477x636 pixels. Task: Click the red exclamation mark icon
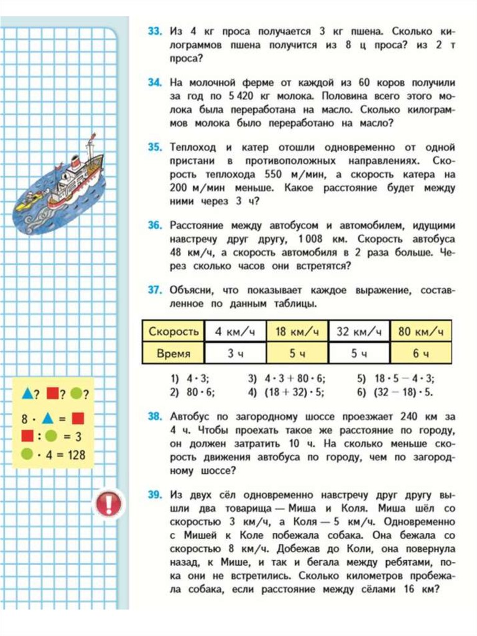point(108,502)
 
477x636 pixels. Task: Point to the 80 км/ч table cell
point(421,331)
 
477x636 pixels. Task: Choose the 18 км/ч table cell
point(297,331)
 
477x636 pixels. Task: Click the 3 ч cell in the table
point(236,354)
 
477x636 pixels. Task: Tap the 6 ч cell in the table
point(421,354)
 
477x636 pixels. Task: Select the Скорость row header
point(174,331)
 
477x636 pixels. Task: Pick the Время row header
point(174,354)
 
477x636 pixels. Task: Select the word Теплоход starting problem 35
point(193,147)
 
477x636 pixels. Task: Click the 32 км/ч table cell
point(359,331)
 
